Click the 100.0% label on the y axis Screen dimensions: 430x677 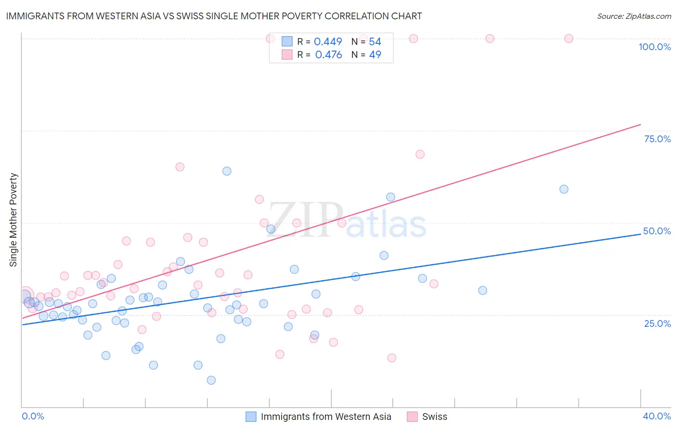pyautogui.click(x=654, y=47)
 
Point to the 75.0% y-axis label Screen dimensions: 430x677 pyautogui.click(x=657, y=139)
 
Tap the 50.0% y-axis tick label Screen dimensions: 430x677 pyautogui.click(x=657, y=231)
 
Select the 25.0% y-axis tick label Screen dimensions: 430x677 pyautogui.click(x=657, y=323)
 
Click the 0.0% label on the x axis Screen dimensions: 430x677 pyautogui.click(x=33, y=416)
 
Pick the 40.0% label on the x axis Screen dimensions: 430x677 pyautogui.click(x=656, y=416)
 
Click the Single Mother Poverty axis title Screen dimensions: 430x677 pyautogui.click(x=13, y=220)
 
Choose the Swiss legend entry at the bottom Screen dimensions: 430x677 pyautogui.click(x=434, y=417)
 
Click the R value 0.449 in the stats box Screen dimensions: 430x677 pyautogui.click(x=328, y=42)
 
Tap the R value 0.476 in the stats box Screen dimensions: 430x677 pyautogui.click(x=328, y=55)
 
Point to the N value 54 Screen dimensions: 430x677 pyautogui.click(x=375, y=42)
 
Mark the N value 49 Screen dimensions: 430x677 pyautogui.click(x=375, y=55)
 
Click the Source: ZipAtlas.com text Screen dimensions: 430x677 pyautogui.click(x=634, y=16)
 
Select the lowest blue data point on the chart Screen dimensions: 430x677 pyautogui.click(x=211, y=380)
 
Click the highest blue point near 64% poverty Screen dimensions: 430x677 pyautogui.click(x=227, y=171)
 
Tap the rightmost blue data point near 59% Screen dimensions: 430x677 pyautogui.click(x=564, y=189)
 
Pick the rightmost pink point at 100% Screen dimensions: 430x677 pyautogui.click(x=569, y=39)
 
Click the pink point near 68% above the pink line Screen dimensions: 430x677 pyautogui.click(x=420, y=154)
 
